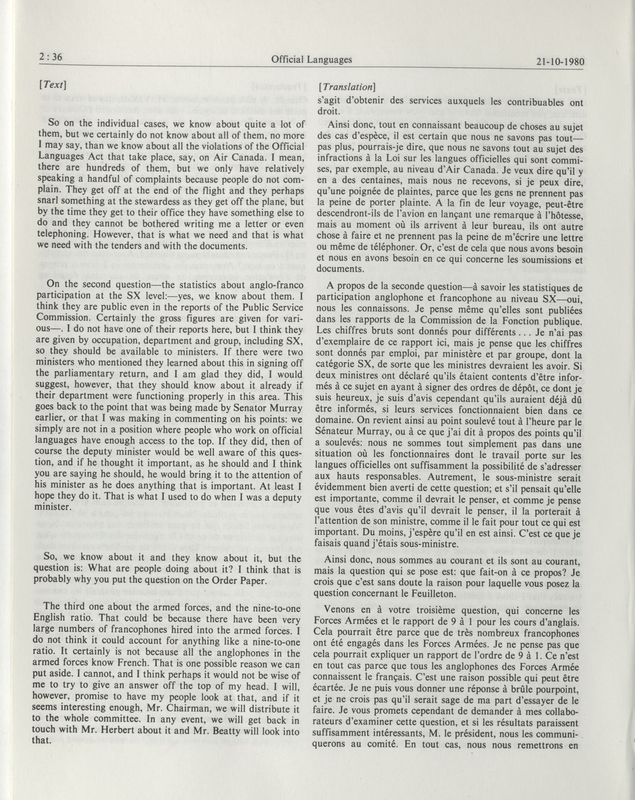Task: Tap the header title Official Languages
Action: [x=311, y=59]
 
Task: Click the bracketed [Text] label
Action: [x=52, y=85]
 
